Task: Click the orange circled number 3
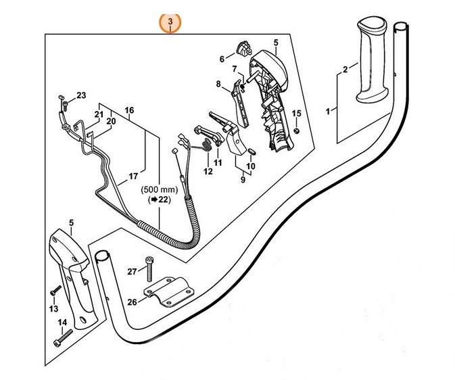click(x=170, y=22)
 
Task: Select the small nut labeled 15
click(x=295, y=130)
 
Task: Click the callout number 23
click(x=81, y=95)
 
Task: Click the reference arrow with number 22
click(x=157, y=201)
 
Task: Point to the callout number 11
click(x=218, y=163)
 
